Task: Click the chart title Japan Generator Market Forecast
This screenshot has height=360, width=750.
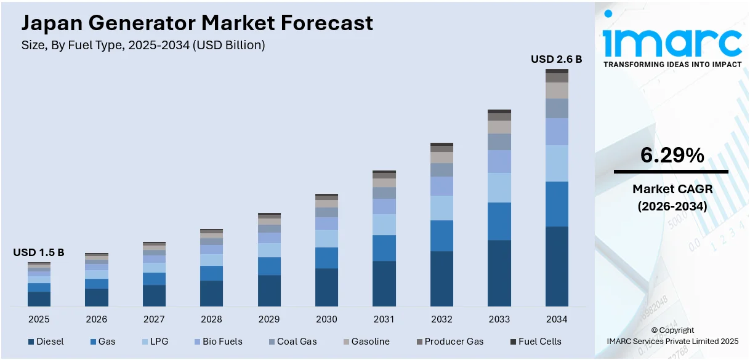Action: point(197,23)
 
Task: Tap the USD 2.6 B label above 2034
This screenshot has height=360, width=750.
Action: point(556,60)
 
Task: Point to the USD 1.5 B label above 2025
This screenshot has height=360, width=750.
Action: point(39,253)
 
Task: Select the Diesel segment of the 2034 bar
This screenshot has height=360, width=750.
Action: point(557,266)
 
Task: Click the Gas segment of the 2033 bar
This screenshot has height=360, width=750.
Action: point(499,221)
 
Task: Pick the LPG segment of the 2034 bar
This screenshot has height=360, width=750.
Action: point(557,163)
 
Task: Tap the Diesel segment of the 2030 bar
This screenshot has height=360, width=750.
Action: point(326,287)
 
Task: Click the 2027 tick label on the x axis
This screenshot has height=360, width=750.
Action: point(154,319)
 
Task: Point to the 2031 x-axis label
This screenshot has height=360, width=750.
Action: point(384,319)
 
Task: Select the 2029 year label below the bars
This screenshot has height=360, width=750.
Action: point(268,319)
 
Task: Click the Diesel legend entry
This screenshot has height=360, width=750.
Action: point(46,342)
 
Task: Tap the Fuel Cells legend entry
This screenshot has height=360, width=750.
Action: point(535,342)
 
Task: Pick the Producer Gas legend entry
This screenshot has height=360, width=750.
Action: point(450,342)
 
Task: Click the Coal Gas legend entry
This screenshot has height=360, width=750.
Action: point(292,342)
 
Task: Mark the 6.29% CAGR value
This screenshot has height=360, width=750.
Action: point(672,156)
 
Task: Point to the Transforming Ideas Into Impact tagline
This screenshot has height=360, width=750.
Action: point(672,64)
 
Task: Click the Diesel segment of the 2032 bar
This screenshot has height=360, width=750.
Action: point(442,279)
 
